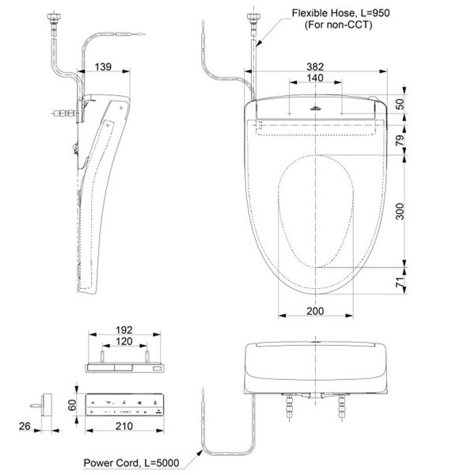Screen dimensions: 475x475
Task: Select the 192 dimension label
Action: click(123, 330)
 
